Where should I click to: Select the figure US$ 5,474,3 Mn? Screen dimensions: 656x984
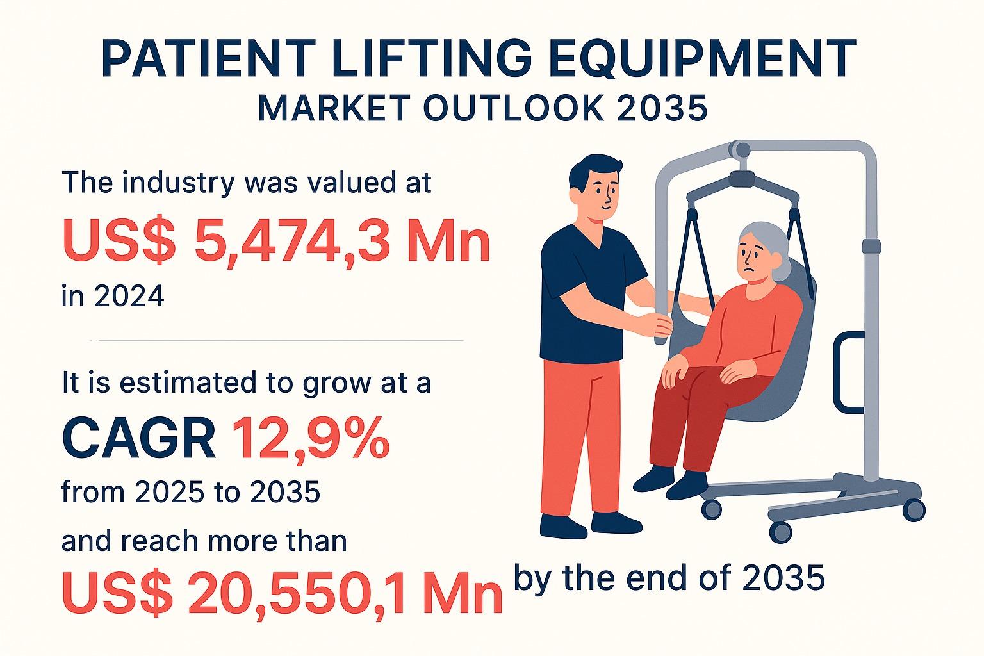coord(276,242)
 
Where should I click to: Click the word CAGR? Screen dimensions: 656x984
coord(138,439)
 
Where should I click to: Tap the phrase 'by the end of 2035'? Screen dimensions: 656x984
coord(669,578)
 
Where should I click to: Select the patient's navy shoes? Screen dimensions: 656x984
coord(673,480)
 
